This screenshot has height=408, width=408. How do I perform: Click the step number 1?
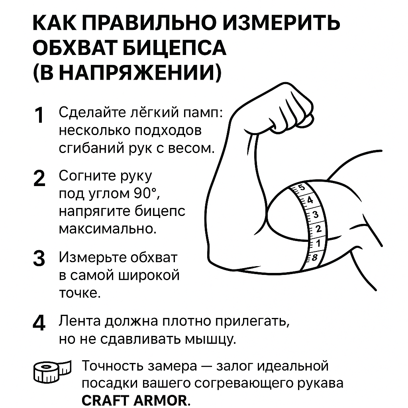tap(39, 116)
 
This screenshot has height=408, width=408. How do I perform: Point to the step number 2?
tap(39, 179)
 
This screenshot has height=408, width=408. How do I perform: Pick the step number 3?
tap(39, 259)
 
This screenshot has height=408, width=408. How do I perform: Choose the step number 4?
tap(39, 322)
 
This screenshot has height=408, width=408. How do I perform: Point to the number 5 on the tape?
tap(302, 188)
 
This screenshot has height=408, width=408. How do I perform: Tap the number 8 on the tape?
tap(314, 257)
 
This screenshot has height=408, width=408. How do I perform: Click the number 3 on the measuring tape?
tap(316, 215)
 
